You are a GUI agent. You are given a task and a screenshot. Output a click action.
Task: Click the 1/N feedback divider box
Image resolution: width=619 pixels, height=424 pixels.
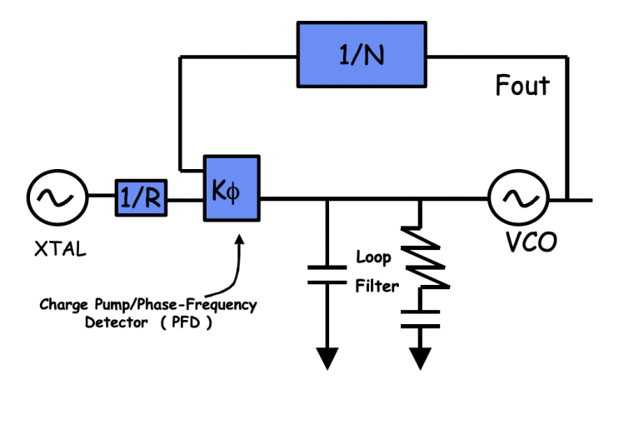pyautogui.click(x=362, y=54)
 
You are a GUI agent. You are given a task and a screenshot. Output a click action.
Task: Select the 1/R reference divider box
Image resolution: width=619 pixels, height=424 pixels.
pyautogui.click(x=141, y=197)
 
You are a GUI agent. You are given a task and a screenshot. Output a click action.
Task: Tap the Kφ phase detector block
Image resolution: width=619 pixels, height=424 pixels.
pyautogui.click(x=232, y=188)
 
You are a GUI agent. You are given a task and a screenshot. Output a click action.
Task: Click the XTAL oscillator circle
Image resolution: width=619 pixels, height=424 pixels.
pyautogui.click(x=57, y=197)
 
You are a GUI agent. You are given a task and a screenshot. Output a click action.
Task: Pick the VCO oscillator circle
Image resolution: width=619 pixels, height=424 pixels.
pyautogui.click(x=519, y=197)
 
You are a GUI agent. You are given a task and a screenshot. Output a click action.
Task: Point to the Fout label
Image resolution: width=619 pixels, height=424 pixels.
pyautogui.click(x=522, y=85)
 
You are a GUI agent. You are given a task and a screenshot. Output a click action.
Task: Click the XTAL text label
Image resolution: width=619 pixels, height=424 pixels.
pyautogui.click(x=60, y=249)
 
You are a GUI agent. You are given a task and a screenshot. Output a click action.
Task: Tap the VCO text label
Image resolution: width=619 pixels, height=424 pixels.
pyautogui.click(x=532, y=242)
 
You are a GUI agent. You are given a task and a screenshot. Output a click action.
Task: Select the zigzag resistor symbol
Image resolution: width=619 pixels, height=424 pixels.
pyautogui.click(x=425, y=257)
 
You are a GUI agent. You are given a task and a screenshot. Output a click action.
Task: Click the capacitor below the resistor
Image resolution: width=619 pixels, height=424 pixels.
pyautogui.click(x=420, y=319)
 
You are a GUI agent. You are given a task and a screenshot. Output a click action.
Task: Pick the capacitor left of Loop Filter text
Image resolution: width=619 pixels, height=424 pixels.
pyautogui.click(x=327, y=275)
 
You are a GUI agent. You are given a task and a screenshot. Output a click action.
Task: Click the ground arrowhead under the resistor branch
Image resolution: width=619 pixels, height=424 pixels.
pyautogui.click(x=420, y=358)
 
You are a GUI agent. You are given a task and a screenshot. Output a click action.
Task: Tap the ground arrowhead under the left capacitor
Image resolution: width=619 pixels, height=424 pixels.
pyautogui.click(x=327, y=358)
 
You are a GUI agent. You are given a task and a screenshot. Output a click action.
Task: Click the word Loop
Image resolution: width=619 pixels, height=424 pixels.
pyautogui.click(x=373, y=257)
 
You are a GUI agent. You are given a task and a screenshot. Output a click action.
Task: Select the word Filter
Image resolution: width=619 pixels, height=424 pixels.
pyautogui.click(x=377, y=286)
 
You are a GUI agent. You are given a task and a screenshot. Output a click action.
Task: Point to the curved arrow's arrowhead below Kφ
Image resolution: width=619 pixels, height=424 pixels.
pyautogui.click(x=239, y=239)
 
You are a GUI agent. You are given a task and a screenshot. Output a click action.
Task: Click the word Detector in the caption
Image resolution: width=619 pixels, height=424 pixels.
pyautogui.click(x=117, y=322)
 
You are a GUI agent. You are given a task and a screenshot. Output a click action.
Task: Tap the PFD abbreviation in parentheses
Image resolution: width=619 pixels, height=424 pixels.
pyautogui.click(x=186, y=322)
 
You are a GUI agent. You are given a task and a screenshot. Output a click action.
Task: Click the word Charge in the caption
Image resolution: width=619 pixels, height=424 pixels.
pyautogui.click(x=63, y=305)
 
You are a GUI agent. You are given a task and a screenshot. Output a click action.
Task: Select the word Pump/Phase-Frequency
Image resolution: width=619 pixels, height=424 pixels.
pyautogui.click(x=176, y=305)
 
